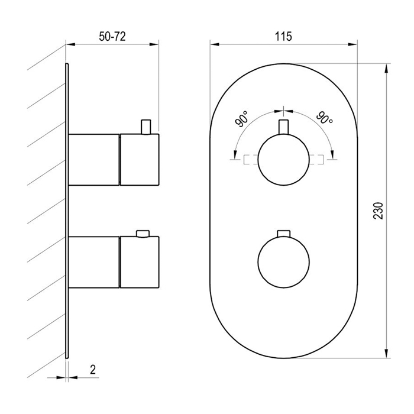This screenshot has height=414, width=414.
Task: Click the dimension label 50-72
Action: coord(112,37)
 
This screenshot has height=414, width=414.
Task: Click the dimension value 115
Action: coord(283,37)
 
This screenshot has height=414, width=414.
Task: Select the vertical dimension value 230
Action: coord(378,211)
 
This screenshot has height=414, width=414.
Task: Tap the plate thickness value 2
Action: coord(93,370)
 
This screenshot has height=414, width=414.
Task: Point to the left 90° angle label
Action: coord(241,119)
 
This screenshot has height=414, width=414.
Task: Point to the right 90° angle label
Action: coord(325,118)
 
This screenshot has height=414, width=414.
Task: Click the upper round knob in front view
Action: coord(283,160)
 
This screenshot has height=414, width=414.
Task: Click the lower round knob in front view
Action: coord(283,261)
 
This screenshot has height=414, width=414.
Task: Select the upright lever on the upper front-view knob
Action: coord(283,127)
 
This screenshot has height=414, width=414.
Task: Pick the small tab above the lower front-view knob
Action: coord(283,234)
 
